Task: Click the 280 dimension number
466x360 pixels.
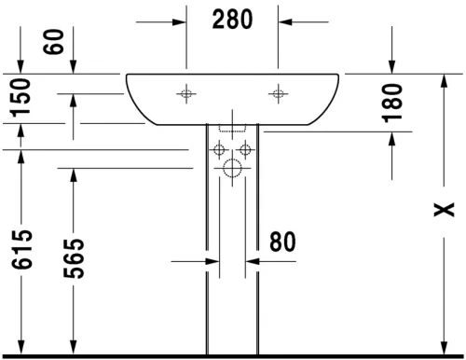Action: [x=232, y=19]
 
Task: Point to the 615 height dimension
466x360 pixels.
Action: [x=22, y=252]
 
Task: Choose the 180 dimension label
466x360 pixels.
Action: [x=392, y=103]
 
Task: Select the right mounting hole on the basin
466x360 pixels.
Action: [x=277, y=93]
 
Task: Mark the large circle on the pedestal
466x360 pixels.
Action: [x=232, y=169]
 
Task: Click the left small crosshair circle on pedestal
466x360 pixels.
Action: [x=218, y=150]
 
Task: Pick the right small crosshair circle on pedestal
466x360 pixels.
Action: [x=246, y=150]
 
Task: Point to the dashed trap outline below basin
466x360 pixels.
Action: [x=232, y=130]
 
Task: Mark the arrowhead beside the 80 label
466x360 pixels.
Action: [x=253, y=263]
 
